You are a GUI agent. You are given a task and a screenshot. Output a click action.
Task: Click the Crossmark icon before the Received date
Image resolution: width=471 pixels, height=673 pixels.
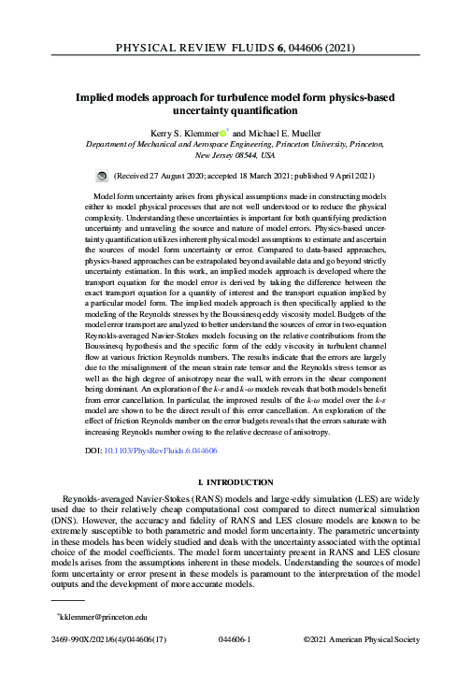point(102,175)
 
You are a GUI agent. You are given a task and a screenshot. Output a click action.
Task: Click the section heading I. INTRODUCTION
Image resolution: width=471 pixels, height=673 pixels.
point(235,482)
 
